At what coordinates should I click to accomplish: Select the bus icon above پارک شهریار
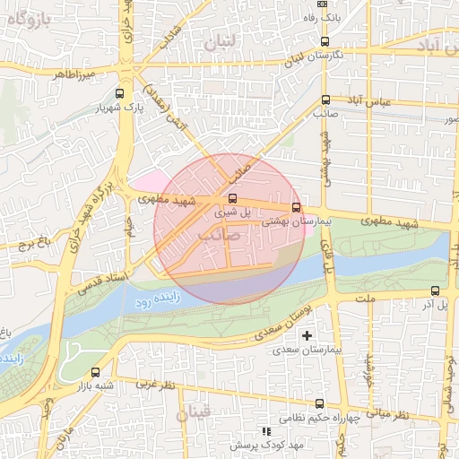(119, 92)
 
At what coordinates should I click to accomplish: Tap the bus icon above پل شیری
(233, 198)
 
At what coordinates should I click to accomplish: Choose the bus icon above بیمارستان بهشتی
(296, 207)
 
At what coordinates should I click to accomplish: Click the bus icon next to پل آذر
(435, 290)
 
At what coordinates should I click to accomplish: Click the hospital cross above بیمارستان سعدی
(307, 334)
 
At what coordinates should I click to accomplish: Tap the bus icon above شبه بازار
(96, 372)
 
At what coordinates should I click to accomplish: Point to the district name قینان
(195, 413)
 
